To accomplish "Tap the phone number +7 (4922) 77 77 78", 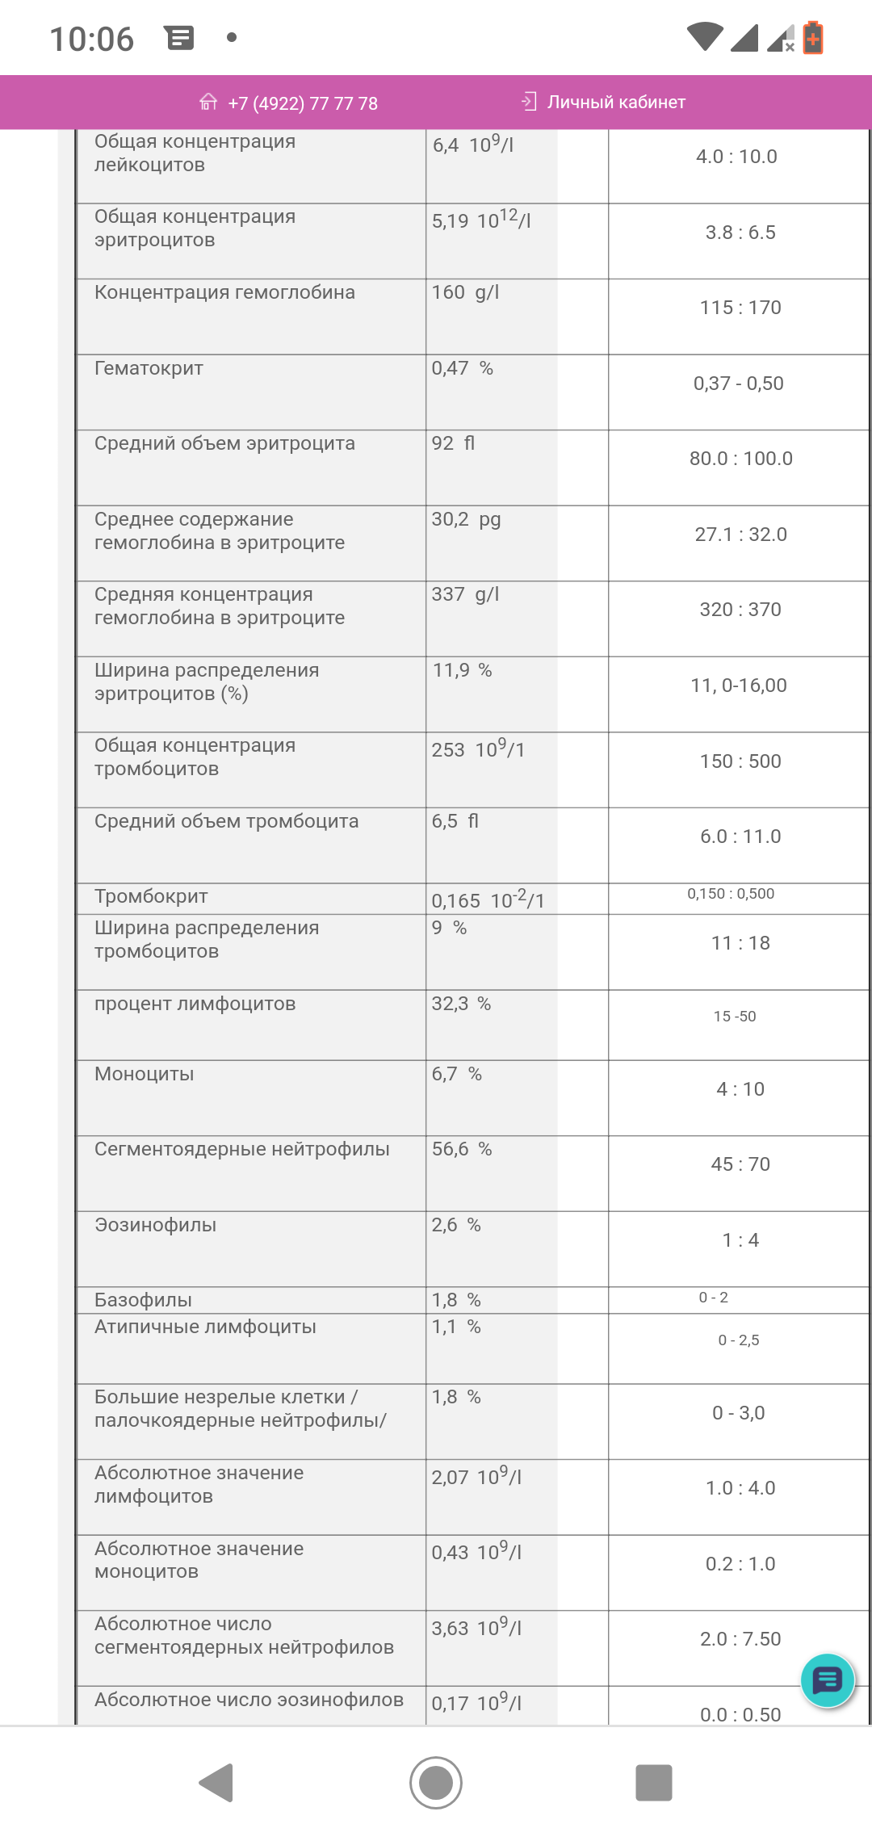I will [303, 103].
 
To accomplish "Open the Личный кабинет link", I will [615, 103].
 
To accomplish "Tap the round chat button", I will [828, 1680].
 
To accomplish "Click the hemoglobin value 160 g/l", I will [465, 292].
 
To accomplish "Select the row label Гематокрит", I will [149, 368].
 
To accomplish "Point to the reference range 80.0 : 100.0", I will [740, 459].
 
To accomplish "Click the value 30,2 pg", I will [466, 519].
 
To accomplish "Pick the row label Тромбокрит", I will [151, 896].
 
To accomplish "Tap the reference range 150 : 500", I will [740, 761].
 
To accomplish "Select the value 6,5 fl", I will [455, 821].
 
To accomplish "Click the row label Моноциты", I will [144, 1074].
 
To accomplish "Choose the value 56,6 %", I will [461, 1149].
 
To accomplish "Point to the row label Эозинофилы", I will [155, 1225].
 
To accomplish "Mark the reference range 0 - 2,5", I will [739, 1340].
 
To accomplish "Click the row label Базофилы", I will [143, 1300].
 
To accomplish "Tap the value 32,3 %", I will [461, 1004].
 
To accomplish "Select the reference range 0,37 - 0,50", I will [738, 384].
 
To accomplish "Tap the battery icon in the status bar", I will [813, 38].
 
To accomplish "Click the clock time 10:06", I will [91, 39].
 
